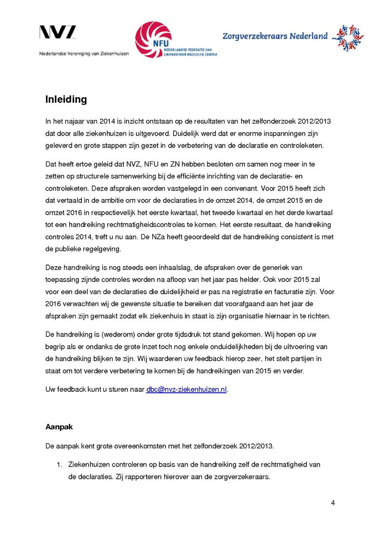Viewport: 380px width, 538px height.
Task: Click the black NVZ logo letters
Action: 58,33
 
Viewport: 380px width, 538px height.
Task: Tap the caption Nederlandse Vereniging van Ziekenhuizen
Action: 84,54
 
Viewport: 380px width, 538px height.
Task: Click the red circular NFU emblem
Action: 153,39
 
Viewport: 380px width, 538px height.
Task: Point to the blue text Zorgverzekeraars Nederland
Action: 275,36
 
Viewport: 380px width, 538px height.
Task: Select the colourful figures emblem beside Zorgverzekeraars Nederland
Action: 348,38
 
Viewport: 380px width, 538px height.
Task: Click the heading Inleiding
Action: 66,99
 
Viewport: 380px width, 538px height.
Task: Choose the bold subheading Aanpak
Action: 59,427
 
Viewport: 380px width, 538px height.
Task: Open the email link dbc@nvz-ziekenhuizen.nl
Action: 186,390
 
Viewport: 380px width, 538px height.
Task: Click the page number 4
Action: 333,503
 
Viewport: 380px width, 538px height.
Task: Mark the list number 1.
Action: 60,464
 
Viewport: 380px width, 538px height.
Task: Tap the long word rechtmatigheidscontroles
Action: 146,224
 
